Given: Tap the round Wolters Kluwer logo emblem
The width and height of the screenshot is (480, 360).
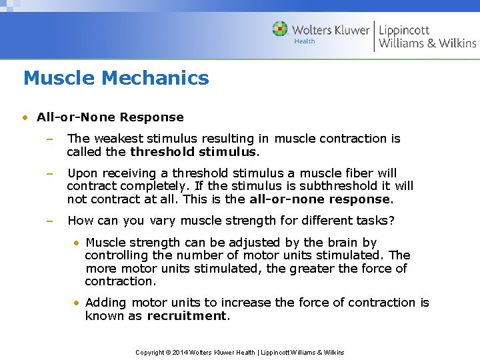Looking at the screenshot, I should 281,29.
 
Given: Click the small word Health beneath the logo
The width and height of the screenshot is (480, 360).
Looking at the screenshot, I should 305,42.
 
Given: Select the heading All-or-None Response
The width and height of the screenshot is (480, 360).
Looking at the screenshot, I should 110,117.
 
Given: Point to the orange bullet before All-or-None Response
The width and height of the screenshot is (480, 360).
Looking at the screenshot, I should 25,118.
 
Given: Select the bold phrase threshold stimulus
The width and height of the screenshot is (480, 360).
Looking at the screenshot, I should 193,151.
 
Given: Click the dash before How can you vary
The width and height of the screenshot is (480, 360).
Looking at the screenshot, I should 49,221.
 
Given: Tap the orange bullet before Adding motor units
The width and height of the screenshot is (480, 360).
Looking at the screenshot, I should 77,303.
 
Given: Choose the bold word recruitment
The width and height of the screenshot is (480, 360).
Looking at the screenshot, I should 187,315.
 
